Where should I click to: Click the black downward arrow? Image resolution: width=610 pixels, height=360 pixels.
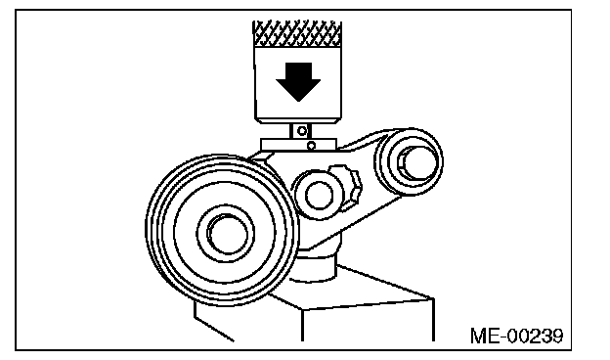pos(298,81)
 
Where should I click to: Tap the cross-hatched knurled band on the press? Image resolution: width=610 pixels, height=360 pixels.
pos(297,33)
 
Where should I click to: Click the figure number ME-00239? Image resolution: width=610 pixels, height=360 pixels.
pos(516,336)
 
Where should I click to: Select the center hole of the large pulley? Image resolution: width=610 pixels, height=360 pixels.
pos(228,234)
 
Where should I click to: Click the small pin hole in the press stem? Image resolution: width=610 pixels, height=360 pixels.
pos(301,131)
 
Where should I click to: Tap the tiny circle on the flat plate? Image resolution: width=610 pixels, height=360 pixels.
pos(311,147)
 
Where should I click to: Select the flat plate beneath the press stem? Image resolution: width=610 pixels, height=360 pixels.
pos(299,145)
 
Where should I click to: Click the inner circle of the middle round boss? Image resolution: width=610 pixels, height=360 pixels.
pos(319,196)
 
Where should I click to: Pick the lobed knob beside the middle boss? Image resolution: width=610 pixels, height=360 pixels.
pos(347,188)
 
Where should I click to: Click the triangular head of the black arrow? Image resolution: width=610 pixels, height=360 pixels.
pos(298,91)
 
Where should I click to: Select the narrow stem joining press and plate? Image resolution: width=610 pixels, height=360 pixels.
pos(301,131)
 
